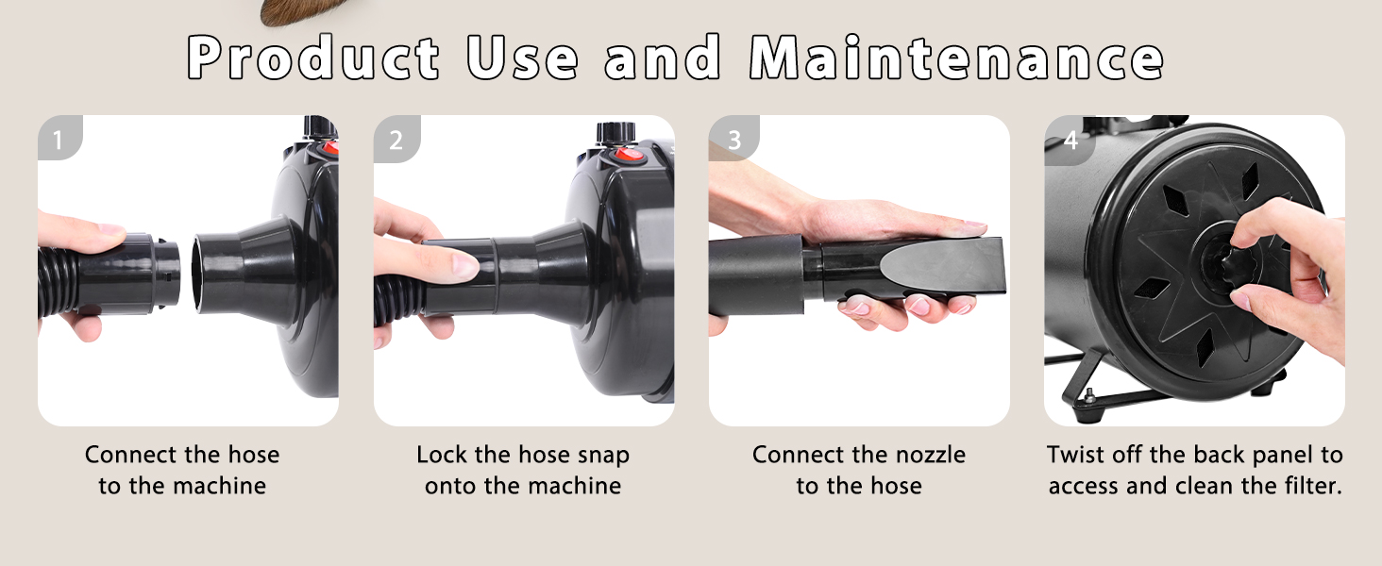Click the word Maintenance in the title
click(956, 59)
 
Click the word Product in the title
click(313, 59)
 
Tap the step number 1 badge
click(58, 140)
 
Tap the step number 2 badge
click(395, 140)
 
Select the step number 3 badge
click(733, 140)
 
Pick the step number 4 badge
click(1070, 140)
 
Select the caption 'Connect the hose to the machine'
click(182, 470)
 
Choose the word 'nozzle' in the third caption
click(931, 455)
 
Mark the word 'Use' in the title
click(522, 59)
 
